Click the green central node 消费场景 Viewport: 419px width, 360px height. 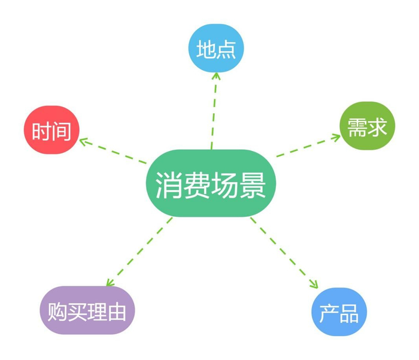tap(211, 183)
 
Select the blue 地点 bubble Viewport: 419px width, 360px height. tap(216, 49)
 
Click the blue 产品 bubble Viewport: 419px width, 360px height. tap(339, 313)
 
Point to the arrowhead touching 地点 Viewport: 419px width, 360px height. tap(216, 75)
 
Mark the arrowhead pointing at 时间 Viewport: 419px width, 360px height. tap(83, 141)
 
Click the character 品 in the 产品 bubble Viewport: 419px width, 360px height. tap(350, 313)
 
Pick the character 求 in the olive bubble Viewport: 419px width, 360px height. tap(378, 127)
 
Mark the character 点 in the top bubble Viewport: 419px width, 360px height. tap(226, 49)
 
